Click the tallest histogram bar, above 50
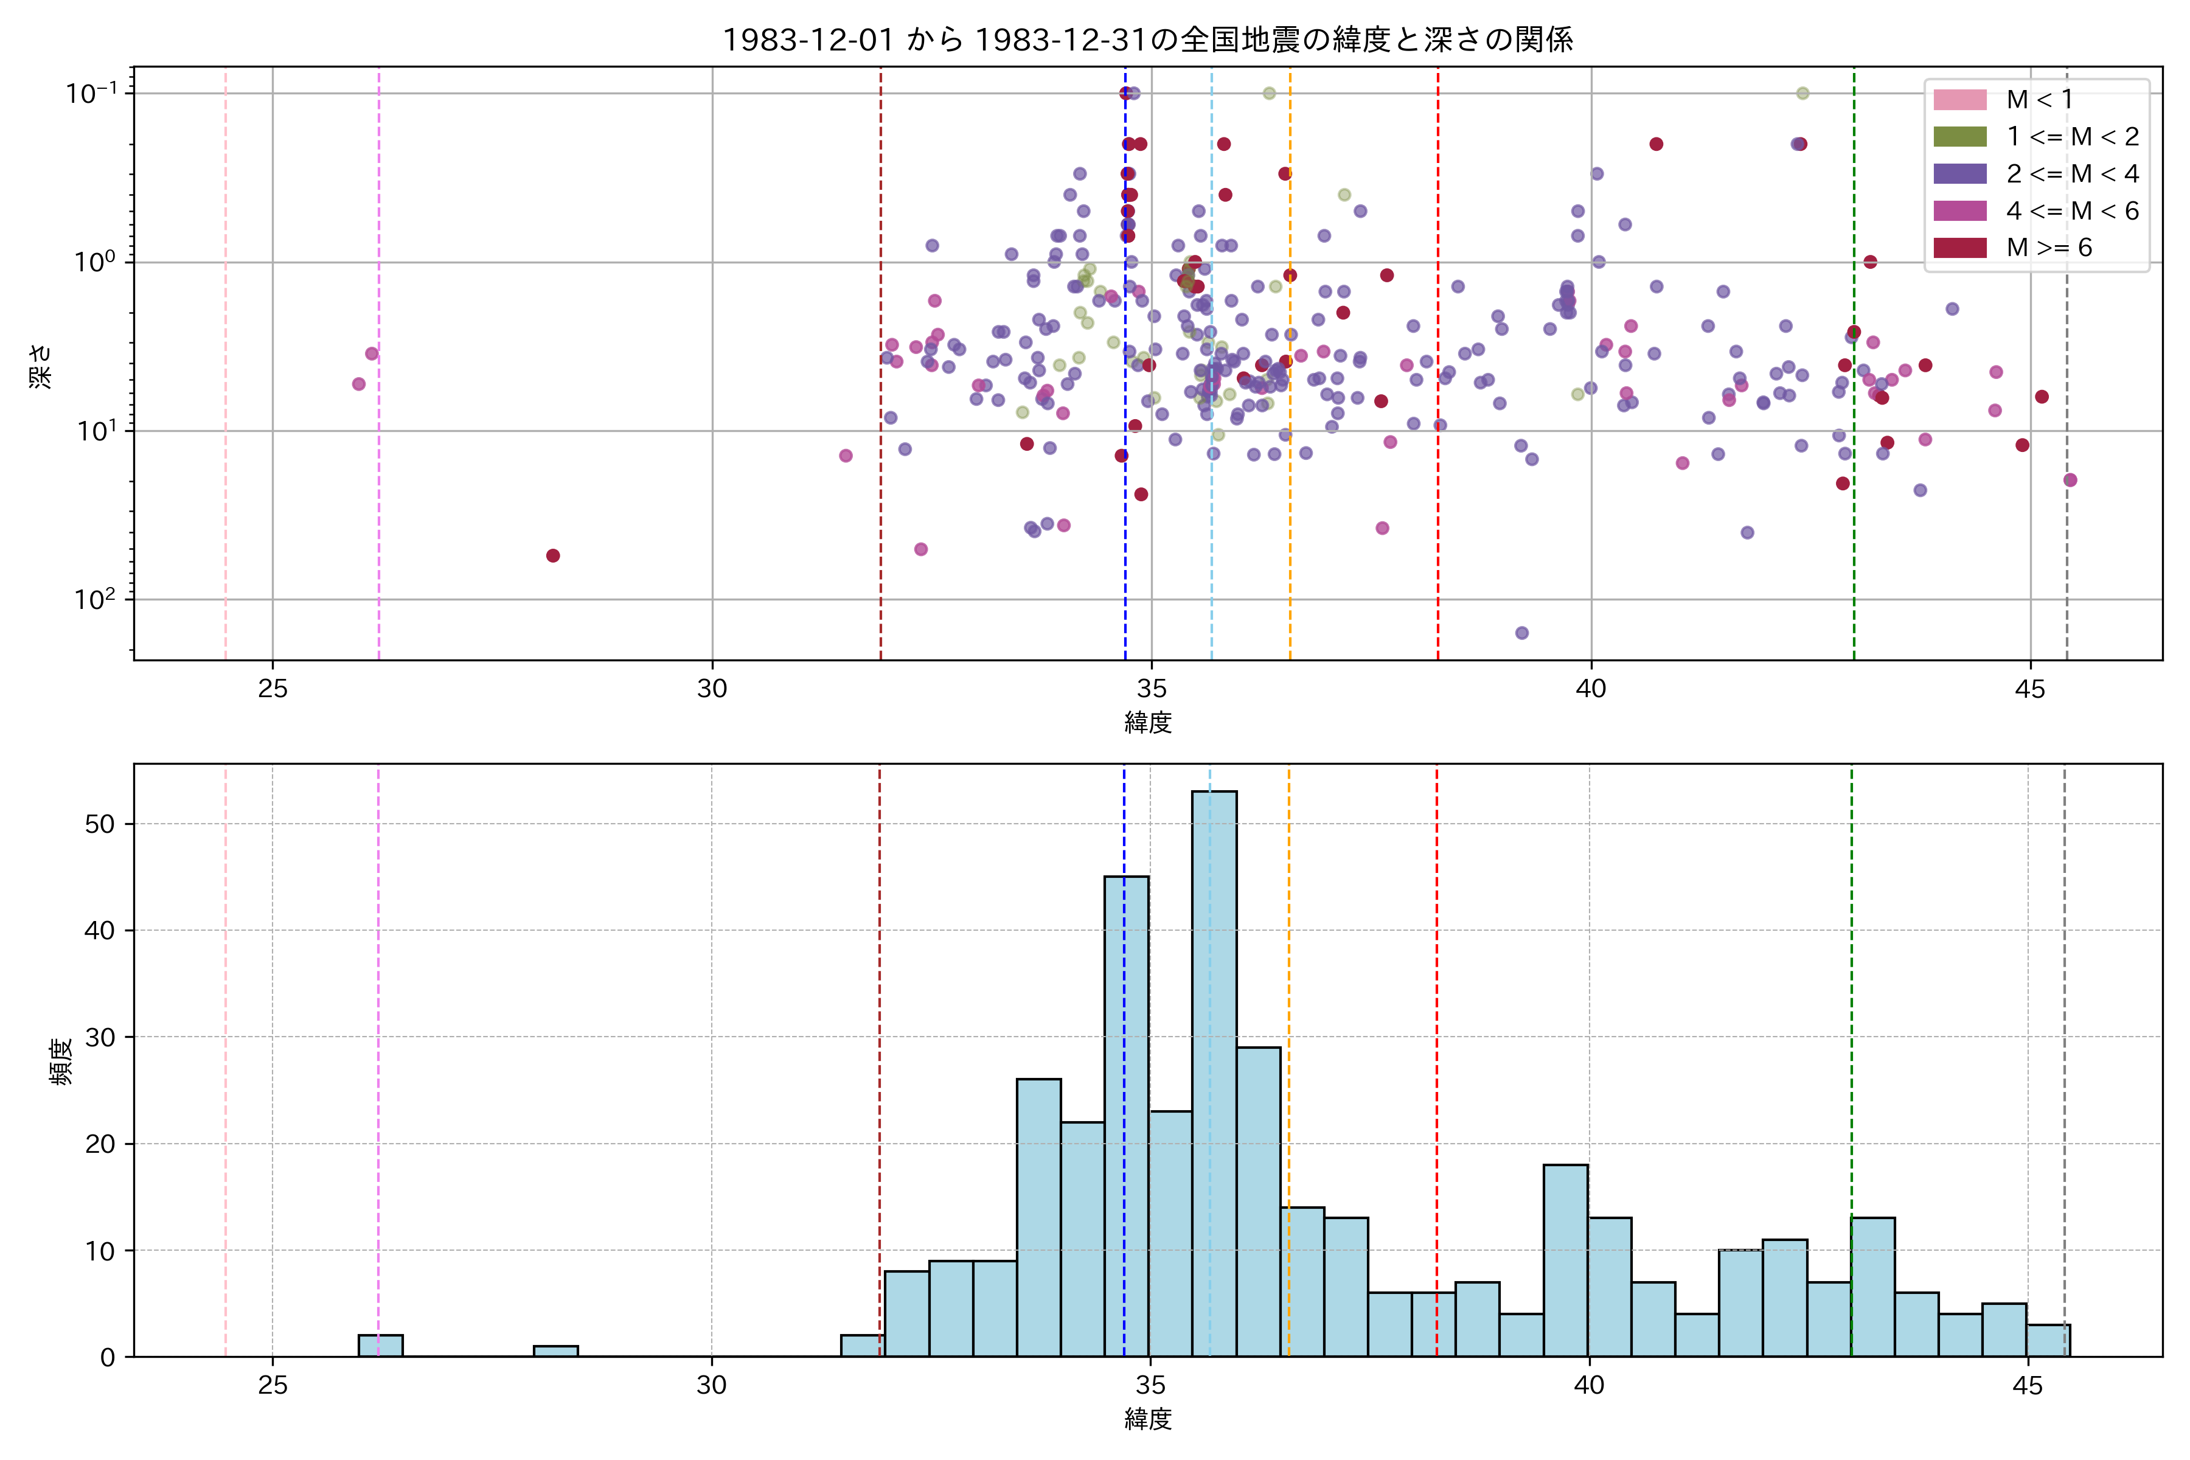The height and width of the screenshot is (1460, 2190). (x=1214, y=1071)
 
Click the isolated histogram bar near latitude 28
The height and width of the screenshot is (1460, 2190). (x=556, y=1351)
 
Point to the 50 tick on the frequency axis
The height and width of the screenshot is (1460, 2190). (x=100, y=825)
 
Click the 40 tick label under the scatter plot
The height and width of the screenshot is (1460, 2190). (x=1590, y=689)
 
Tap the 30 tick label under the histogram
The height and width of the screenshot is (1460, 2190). (x=711, y=1386)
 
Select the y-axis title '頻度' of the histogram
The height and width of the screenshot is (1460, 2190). (x=61, y=1062)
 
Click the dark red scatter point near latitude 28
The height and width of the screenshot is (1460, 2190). (x=553, y=556)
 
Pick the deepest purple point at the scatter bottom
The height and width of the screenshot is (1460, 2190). (x=1521, y=633)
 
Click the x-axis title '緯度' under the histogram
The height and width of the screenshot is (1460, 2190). (x=1147, y=1419)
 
